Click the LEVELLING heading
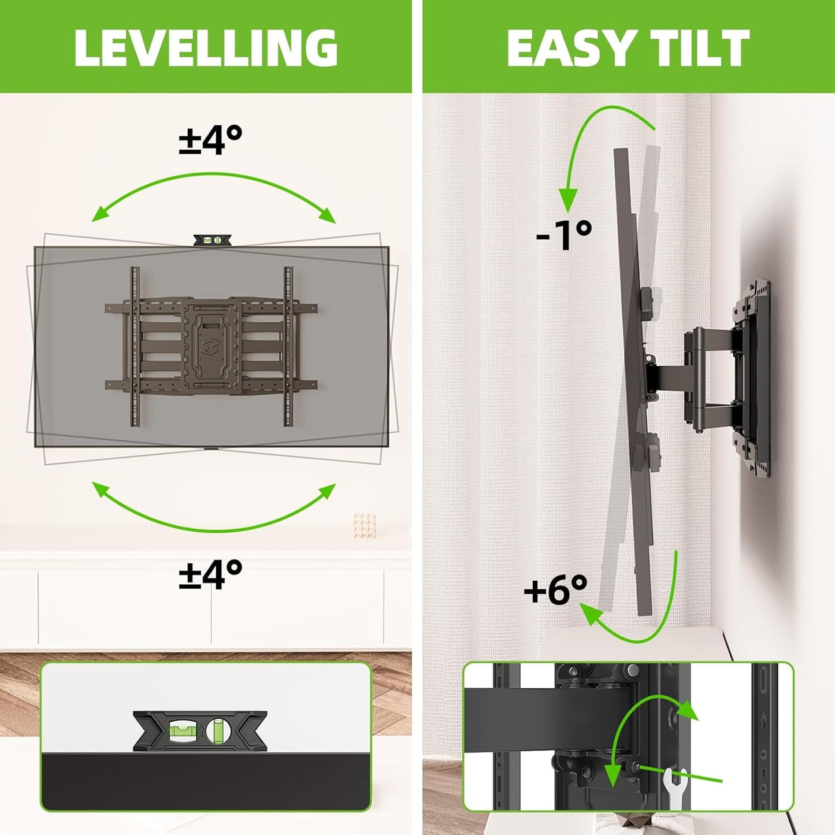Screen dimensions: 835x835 click(x=206, y=47)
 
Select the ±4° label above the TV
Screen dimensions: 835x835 click(x=210, y=140)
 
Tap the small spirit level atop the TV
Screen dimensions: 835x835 click(x=212, y=240)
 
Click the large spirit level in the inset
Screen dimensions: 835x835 click(x=200, y=731)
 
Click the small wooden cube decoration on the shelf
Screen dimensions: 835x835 click(x=365, y=525)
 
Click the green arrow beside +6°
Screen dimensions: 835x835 click(x=647, y=618)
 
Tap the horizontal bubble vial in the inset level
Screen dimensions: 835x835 click(x=181, y=731)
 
